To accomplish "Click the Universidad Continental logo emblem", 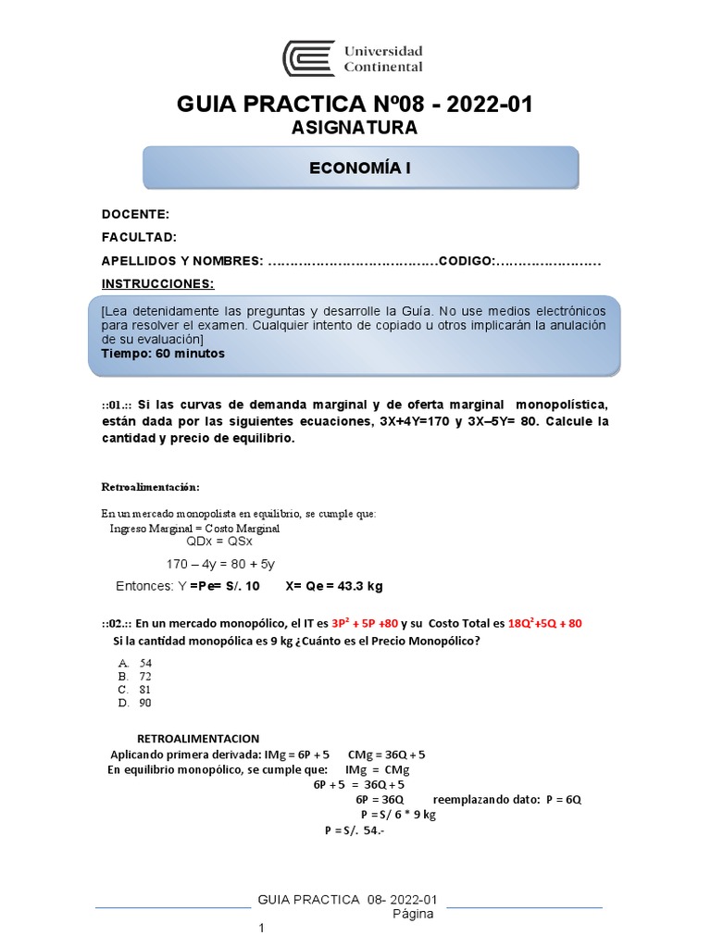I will click(x=309, y=57).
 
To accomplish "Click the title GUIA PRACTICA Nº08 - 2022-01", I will click(x=355, y=105).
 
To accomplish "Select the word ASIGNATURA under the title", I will click(x=355, y=128).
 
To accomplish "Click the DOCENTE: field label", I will click(x=135, y=214).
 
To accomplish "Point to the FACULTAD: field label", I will click(x=139, y=237).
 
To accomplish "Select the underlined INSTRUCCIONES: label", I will click(x=157, y=283).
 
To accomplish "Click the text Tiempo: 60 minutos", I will click(x=163, y=354).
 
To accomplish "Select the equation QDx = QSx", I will click(x=219, y=542).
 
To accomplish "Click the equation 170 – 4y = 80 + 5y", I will click(x=220, y=564).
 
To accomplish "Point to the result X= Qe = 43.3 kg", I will click(x=334, y=586).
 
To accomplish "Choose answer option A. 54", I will click(x=135, y=664).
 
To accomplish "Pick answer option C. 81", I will click(x=135, y=690).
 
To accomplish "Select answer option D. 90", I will click(x=135, y=703).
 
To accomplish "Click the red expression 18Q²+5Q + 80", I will click(x=545, y=624).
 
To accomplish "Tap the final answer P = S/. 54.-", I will click(x=354, y=830).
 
